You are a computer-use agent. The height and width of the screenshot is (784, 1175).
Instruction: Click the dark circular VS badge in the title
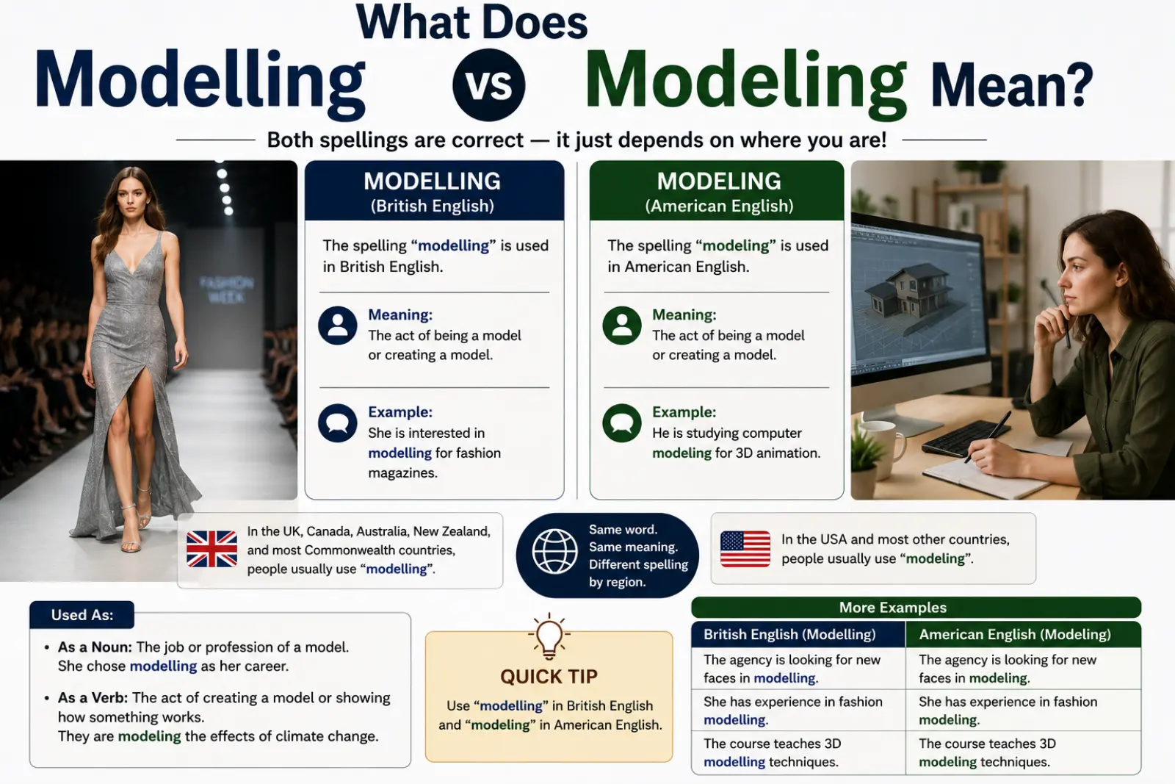tap(488, 85)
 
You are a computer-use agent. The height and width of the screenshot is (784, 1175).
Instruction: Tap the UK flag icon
tap(212, 549)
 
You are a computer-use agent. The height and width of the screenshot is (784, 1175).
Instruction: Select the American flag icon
tap(745, 549)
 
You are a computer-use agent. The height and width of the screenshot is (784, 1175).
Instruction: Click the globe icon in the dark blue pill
tap(554, 552)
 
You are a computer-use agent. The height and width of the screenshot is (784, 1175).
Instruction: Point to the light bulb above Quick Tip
tap(549, 636)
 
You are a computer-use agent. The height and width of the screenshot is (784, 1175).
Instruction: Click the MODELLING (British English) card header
tap(434, 191)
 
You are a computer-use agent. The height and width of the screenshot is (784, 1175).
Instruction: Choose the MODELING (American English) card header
tap(717, 191)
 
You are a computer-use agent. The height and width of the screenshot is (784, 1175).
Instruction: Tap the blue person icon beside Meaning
tap(337, 326)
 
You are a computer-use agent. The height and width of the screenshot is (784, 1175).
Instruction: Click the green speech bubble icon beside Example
tap(621, 423)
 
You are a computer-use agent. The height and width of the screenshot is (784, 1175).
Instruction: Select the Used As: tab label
tap(82, 614)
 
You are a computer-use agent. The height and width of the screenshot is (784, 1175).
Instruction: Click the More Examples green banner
tap(916, 607)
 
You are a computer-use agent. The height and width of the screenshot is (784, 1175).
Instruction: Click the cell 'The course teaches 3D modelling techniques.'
tap(798, 752)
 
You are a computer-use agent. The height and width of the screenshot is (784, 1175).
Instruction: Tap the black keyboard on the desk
tap(966, 437)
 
